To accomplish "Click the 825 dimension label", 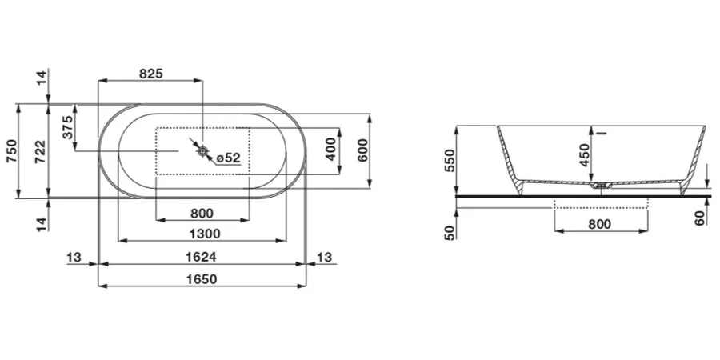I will point(150,74).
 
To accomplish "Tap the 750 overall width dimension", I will point(11,150).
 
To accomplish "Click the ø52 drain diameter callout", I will point(228,158).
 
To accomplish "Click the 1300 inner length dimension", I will point(202,234).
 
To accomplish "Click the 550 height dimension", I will point(449,162).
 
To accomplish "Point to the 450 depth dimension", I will point(584,154).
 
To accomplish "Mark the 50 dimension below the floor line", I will point(449,232).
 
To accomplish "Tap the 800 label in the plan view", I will point(202,213).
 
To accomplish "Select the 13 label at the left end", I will point(74,257).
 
